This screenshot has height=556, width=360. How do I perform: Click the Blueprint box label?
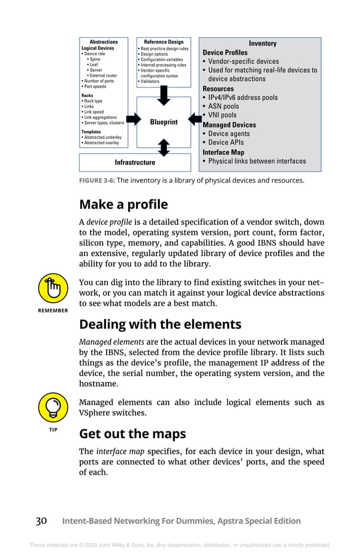[x=164, y=122]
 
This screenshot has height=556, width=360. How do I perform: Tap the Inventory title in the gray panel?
[x=262, y=43]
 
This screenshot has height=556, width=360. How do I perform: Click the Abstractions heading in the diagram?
[x=104, y=42]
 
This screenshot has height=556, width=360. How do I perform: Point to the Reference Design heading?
[x=164, y=42]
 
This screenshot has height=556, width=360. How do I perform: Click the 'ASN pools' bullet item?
[x=223, y=106]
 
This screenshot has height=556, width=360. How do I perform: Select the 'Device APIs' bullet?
[x=226, y=143]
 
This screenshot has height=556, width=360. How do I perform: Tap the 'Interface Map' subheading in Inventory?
[x=223, y=152]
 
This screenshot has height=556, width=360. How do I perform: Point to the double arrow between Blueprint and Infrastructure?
[x=164, y=147]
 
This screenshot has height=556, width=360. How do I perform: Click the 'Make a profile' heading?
[x=123, y=204]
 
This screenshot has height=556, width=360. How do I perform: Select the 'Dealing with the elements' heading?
[x=160, y=324]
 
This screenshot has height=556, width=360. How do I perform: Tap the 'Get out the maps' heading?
[x=132, y=434]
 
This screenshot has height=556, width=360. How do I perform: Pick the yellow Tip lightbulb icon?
[x=53, y=409]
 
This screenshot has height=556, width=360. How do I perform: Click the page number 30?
[x=41, y=521]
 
